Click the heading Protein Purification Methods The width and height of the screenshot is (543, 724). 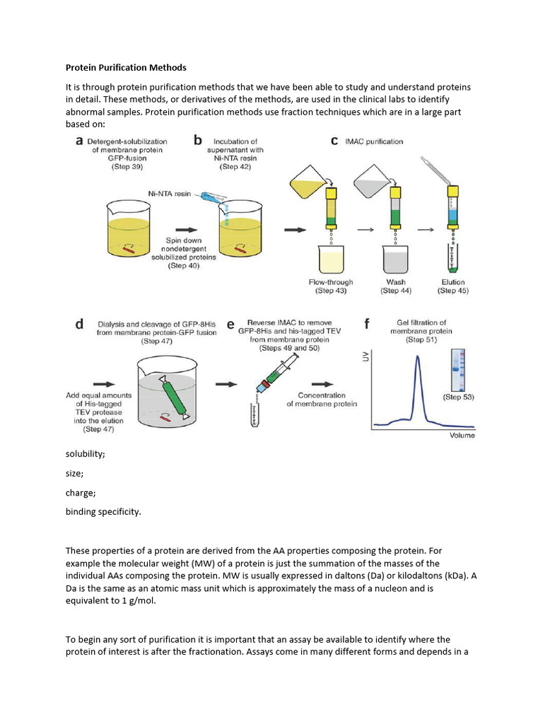tap(126, 68)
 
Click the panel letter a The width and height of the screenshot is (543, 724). tap(80, 141)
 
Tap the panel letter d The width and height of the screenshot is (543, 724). tap(80, 325)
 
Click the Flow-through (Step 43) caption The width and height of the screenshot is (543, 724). tap(330, 286)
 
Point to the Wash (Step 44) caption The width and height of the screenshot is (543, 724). tap(396, 286)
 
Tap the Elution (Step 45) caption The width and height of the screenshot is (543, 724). tap(452, 286)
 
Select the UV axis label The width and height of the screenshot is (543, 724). tap(366, 359)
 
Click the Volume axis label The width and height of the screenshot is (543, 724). tap(462, 436)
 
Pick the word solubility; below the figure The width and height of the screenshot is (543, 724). tap(86, 454)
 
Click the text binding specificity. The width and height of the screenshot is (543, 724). tap(103, 512)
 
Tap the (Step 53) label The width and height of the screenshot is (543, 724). tap(458, 397)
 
